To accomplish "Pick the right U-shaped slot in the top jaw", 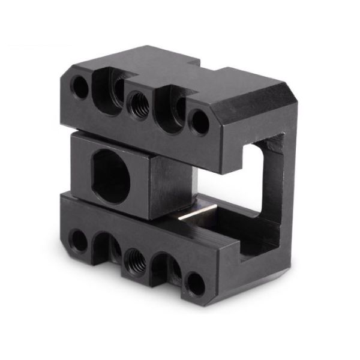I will coord(169,108).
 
